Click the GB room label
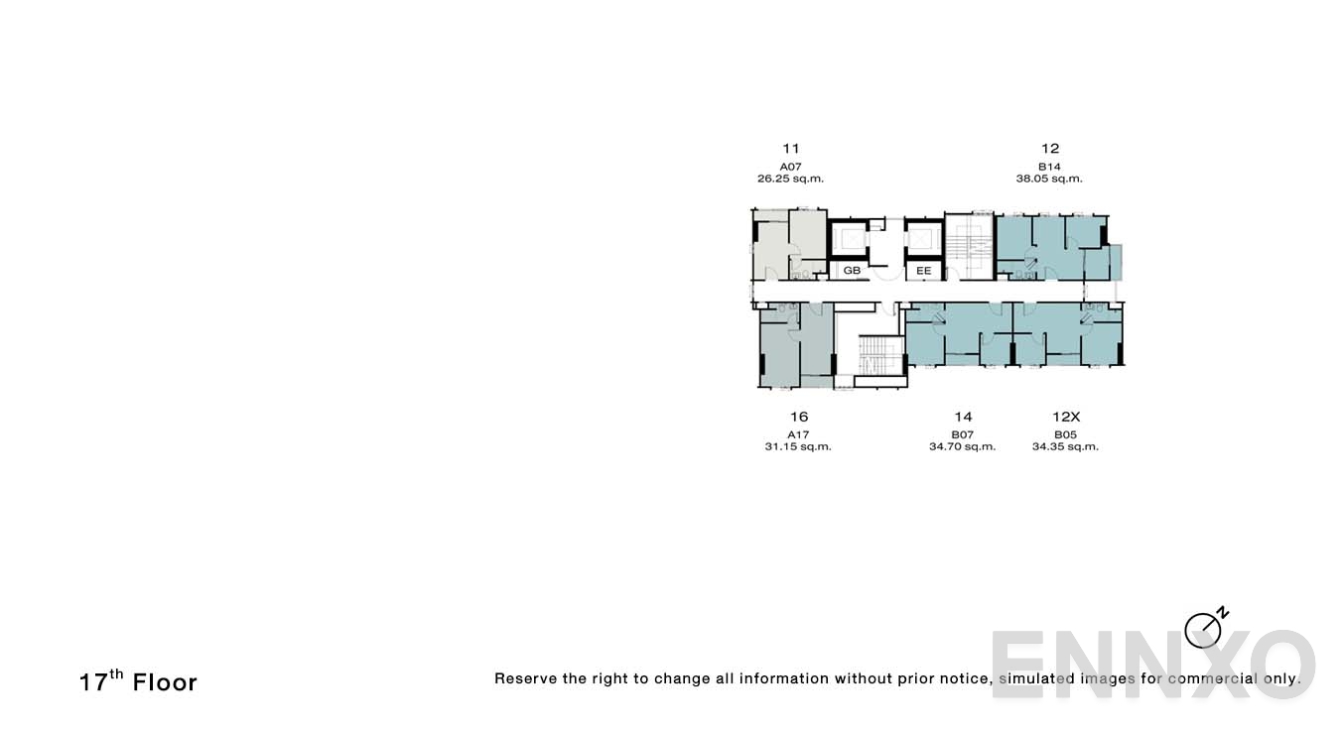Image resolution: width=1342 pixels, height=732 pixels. [852, 270]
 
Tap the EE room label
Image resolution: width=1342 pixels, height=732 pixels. [923, 270]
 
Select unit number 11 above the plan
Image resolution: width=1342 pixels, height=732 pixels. [790, 149]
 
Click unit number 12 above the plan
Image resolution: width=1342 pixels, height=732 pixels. [1049, 149]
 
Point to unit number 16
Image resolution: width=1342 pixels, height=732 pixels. [798, 417]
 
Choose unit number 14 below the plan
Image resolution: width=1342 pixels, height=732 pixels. [962, 417]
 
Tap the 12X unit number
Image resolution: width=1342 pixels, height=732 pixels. [1065, 417]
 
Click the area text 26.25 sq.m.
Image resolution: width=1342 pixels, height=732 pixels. [790, 180]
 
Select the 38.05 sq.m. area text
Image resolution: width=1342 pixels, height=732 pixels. [1049, 180]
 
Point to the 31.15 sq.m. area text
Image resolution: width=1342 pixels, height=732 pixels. [798, 447]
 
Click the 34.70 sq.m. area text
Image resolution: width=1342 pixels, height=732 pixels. [962, 447]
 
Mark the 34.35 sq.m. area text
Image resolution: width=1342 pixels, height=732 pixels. [1065, 447]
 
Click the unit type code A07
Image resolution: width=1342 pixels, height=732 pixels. [790, 166]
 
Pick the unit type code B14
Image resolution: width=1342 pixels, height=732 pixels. [1049, 166]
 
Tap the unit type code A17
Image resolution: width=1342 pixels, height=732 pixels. [798, 434]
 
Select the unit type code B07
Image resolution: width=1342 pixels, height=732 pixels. [962, 434]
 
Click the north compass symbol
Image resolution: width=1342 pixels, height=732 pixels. [1204, 629]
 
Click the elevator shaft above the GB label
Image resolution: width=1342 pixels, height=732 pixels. [851, 239]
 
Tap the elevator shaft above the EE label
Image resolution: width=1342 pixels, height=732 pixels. [922, 239]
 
